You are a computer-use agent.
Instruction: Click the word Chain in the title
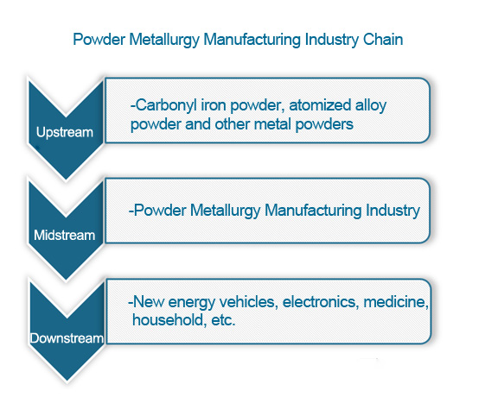(383, 40)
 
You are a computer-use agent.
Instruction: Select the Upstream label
(65, 133)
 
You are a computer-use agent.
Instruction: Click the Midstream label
(65, 236)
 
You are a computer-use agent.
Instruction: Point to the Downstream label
(67, 338)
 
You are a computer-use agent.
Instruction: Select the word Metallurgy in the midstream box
(225, 211)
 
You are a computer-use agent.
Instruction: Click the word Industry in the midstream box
(393, 211)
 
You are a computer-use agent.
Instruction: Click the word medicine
(396, 301)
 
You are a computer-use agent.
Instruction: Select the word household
(168, 319)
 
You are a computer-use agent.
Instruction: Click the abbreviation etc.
(223, 320)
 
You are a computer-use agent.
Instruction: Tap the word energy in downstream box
(192, 303)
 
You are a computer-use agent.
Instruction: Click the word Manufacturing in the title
(252, 40)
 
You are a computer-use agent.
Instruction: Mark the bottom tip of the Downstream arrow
(67, 381)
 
